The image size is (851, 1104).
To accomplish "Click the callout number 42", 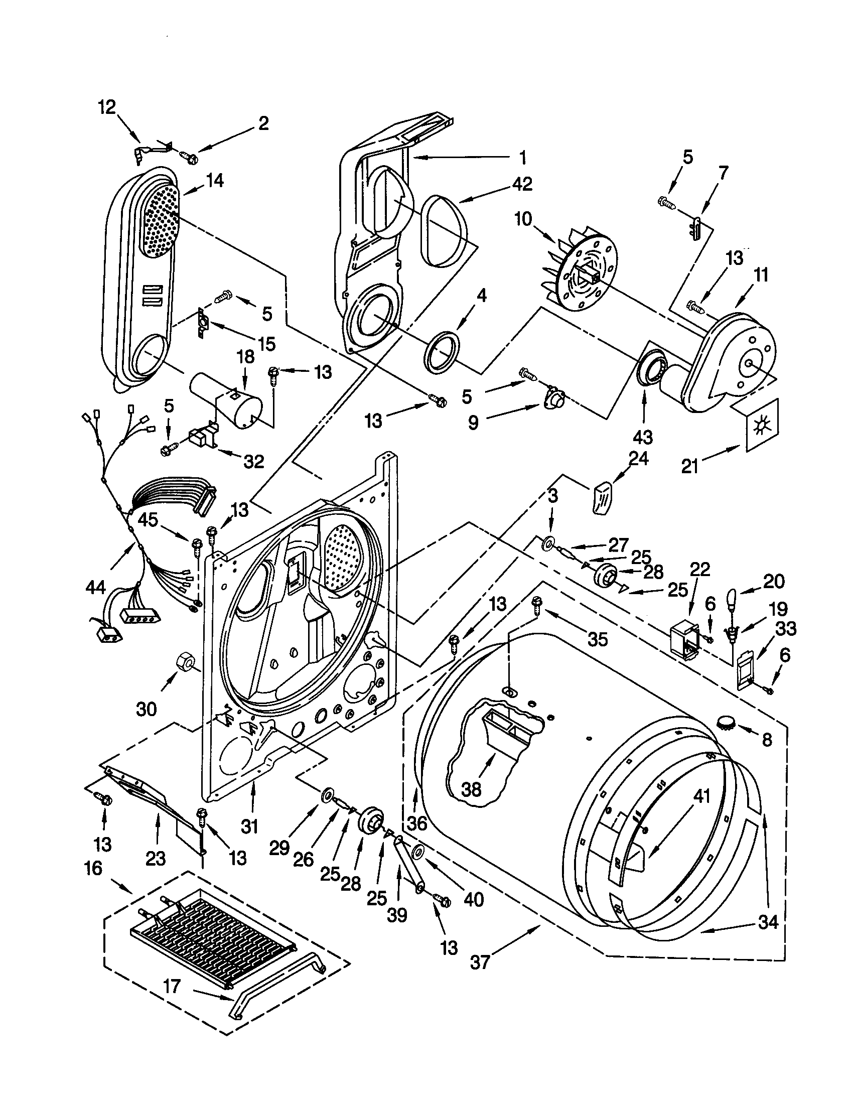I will point(521,184).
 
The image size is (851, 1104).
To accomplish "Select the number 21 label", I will point(690,466).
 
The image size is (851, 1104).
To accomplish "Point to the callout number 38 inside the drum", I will point(471,789).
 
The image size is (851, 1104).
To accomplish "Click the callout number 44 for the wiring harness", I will point(95,586).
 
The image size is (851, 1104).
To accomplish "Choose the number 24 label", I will point(639,458).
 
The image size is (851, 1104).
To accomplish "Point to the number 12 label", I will point(107,107).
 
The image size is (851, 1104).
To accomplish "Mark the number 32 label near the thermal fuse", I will point(254,461).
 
